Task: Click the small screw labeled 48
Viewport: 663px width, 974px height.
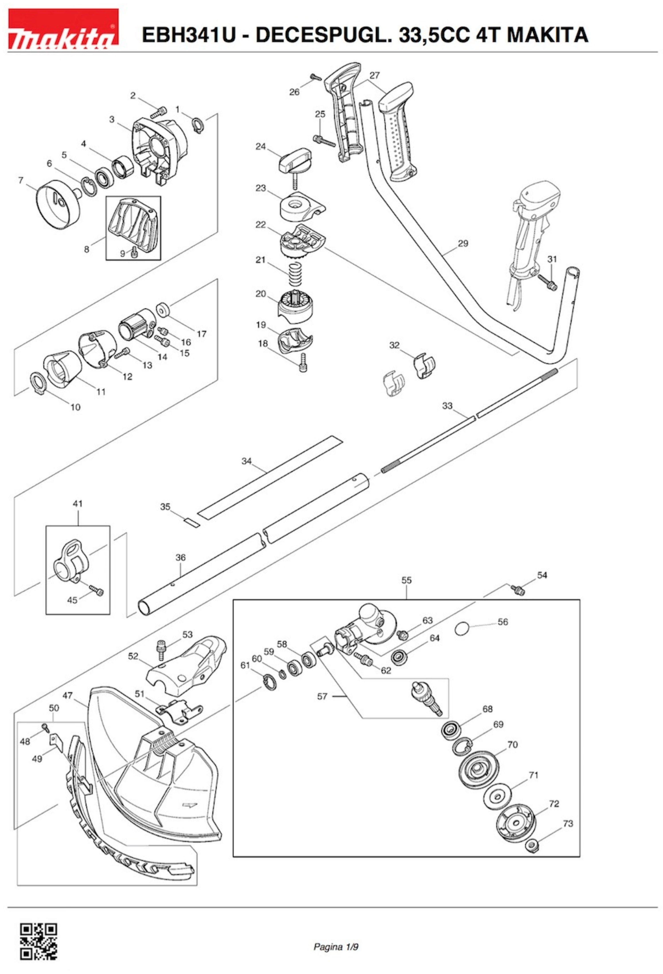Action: click(45, 728)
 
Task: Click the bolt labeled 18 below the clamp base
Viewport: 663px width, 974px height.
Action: click(303, 362)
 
